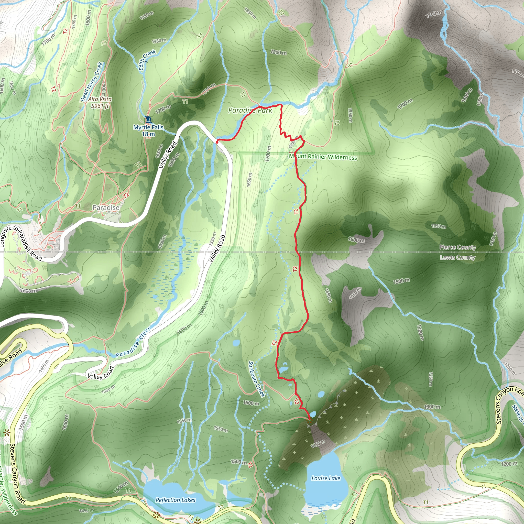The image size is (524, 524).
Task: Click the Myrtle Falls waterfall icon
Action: [148, 119]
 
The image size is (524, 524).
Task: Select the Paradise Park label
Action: [250, 110]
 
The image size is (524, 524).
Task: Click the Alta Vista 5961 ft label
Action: [100, 103]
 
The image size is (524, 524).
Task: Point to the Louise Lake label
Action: [326, 478]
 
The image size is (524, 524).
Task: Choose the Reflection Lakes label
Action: [175, 500]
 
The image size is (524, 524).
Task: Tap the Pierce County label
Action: [457, 247]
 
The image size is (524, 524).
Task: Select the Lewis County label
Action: [457, 257]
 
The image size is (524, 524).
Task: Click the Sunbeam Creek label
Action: [256, 379]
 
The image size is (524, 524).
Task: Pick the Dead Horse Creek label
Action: [91, 82]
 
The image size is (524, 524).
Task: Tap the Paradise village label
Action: [106, 208]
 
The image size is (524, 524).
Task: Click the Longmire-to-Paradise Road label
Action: [20, 243]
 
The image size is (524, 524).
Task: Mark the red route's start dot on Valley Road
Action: [217, 141]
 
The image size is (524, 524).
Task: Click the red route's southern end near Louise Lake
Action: [310, 420]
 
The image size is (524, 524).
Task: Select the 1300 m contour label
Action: [432, 407]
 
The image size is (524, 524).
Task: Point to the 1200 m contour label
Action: [509, 464]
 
